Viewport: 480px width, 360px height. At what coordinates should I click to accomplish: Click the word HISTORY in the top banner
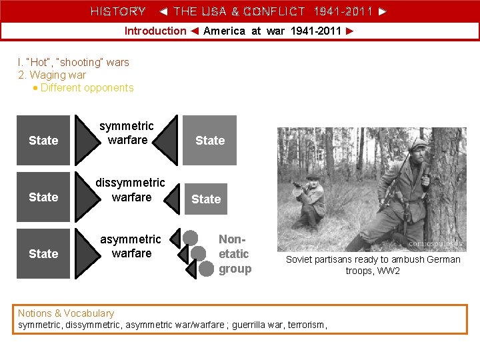(118, 11)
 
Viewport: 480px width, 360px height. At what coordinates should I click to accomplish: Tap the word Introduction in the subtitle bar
(155, 31)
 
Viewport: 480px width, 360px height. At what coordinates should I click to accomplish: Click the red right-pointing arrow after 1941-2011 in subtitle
(350, 31)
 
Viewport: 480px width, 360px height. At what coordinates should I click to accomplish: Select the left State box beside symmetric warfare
(43, 140)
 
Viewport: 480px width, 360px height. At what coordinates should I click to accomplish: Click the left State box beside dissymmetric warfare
(43, 197)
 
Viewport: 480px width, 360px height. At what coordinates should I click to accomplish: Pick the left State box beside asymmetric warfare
(43, 253)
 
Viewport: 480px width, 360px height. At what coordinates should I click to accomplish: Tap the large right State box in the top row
(210, 140)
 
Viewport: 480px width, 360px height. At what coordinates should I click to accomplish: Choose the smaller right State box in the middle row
(206, 199)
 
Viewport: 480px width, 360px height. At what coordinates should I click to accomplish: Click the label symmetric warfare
(127, 133)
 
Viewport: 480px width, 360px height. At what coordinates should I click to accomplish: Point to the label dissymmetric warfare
(131, 190)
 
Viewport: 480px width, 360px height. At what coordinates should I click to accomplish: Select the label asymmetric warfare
(131, 246)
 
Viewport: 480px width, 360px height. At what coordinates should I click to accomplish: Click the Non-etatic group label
(234, 254)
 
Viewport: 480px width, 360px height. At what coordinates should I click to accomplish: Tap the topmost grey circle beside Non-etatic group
(191, 237)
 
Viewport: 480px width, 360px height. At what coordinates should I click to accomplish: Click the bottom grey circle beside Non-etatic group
(207, 269)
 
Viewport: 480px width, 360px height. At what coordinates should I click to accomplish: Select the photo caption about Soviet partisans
(373, 265)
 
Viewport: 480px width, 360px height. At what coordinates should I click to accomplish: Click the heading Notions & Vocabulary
(66, 313)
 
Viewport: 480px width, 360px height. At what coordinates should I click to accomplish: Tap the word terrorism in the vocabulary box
(307, 325)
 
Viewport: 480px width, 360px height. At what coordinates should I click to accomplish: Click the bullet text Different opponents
(87, 87)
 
